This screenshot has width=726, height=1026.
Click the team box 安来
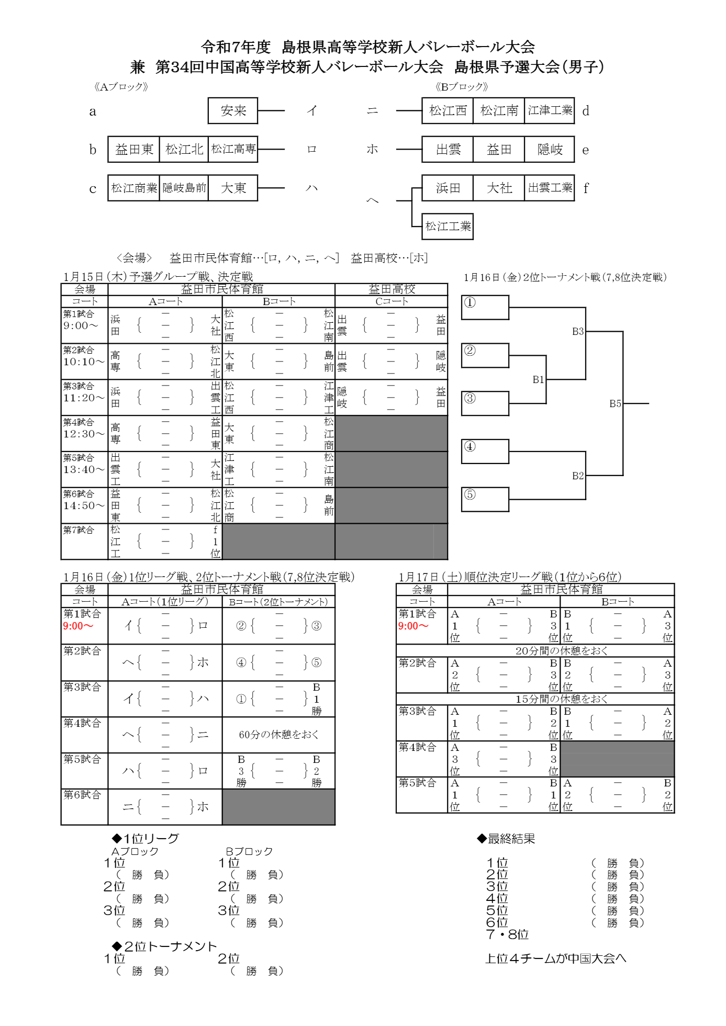tap(233, 111)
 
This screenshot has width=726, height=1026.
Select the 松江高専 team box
tap(233, 149)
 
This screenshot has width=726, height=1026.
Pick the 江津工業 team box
tap(550, 111)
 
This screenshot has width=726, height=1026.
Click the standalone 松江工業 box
tap(448, 227)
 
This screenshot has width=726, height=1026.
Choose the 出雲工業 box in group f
tap(550, 188)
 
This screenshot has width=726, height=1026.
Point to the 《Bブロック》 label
tap(461, 87)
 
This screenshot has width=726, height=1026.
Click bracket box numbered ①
tap(485, 307)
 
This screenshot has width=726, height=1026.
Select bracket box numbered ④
tap(485, 452)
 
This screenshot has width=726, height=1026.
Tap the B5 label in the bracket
tap(615, 403)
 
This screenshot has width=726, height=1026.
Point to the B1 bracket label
tap(538, 380)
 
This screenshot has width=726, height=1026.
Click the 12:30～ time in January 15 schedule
tap(84, 434)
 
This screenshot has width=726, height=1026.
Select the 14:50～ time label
tap(84, 505)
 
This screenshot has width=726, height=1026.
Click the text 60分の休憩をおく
tap(278, 735)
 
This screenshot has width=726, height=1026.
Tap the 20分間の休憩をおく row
tap(561, 651)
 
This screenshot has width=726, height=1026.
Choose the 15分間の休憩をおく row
tap(561, 699)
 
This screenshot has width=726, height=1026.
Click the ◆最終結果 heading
tap(506, 839)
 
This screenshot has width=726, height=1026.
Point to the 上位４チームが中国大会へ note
tap(555, 959)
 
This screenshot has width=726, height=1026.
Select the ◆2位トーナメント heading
tap(164, 946)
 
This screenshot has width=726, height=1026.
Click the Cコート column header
tap(391, 301)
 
